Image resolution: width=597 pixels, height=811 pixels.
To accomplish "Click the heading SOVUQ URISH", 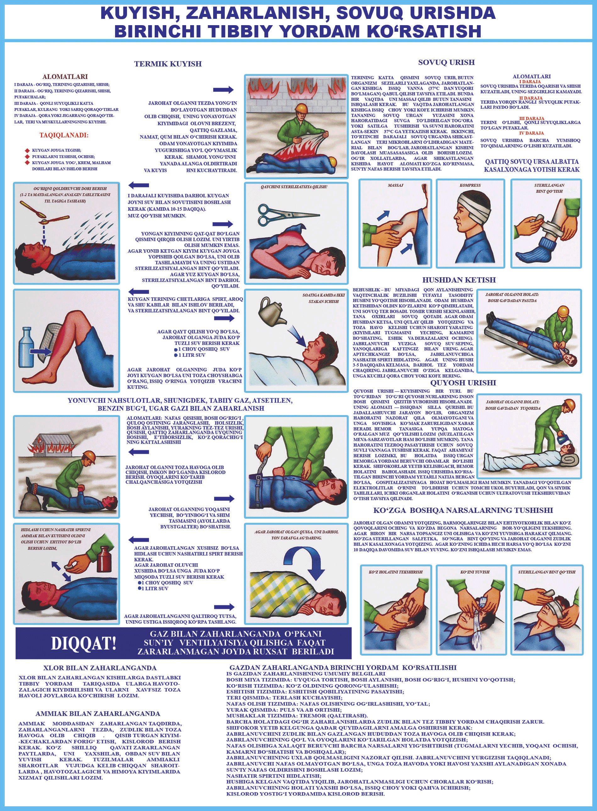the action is coord(446,62).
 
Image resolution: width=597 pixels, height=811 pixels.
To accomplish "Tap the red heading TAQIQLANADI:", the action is coord(64,135).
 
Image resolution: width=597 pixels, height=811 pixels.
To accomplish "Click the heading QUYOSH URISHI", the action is coord(463,383).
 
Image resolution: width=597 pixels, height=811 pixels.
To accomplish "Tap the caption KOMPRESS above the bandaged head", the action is coord(470,185).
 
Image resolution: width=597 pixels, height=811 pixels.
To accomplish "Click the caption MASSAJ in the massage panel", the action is coord(395,185).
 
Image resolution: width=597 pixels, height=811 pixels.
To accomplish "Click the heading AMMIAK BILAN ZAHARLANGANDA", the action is coord(97,714).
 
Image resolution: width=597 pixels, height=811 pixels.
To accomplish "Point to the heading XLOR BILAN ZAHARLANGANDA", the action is coord(100,668).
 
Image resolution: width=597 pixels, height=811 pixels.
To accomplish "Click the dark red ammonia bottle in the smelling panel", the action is coord(104,559).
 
